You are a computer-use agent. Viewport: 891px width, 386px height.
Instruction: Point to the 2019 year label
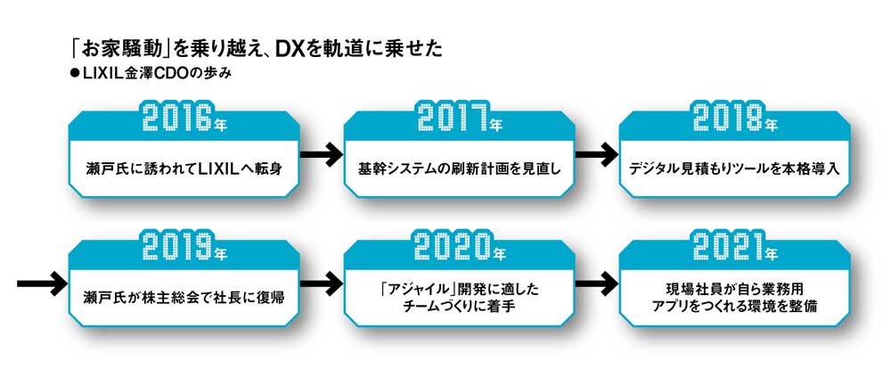184,247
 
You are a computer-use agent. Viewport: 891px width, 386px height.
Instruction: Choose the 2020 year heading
459,247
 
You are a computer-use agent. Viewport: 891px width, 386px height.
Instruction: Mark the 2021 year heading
735,247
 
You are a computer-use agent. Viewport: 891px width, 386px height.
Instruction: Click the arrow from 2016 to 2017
321,154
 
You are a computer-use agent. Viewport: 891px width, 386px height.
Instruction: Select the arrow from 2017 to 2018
597,154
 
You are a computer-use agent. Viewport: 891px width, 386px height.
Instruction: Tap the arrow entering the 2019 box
42,283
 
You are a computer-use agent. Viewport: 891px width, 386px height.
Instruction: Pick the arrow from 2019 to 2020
321,283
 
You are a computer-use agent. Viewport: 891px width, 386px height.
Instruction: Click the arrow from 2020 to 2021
597,283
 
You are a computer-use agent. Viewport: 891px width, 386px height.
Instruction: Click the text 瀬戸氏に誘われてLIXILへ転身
184,168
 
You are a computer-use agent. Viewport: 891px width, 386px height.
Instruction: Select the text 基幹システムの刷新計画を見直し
459,168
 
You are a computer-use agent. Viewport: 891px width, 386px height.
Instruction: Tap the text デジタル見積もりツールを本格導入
735,168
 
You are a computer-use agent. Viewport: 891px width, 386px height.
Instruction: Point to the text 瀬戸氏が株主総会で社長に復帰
184,298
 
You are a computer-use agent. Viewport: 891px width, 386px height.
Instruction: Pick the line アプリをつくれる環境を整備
735,306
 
